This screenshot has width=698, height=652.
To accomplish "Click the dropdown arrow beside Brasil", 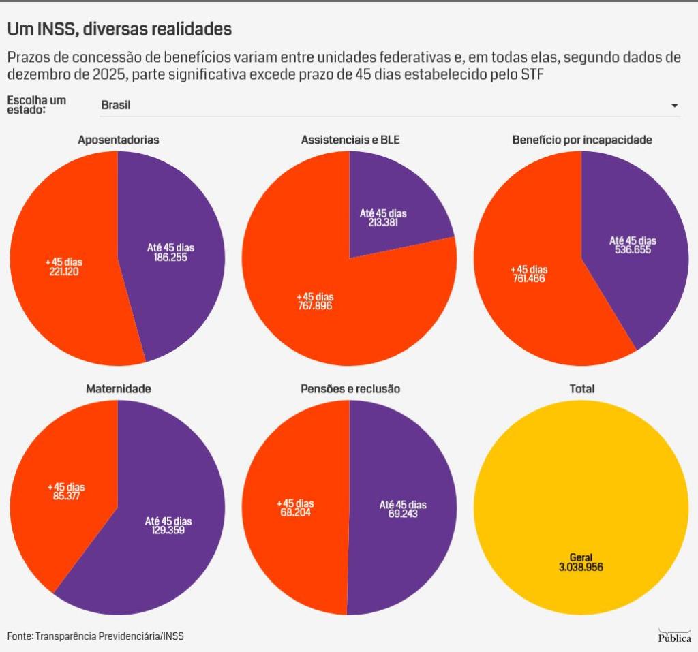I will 674,106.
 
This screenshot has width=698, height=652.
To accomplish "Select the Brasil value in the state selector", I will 116,105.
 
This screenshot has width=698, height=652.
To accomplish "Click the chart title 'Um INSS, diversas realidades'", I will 119,29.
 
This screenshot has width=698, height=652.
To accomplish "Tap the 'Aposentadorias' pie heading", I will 119,140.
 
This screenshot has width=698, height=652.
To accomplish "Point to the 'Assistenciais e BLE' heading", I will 350,140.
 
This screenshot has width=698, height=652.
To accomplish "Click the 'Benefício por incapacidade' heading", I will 582,140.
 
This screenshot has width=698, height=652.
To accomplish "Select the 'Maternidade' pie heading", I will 119,389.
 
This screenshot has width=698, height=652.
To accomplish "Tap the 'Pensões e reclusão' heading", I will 350,389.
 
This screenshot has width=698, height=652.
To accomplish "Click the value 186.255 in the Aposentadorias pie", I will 170,258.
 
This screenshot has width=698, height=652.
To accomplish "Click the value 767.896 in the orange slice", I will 314,307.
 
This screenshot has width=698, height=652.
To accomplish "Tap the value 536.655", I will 633,250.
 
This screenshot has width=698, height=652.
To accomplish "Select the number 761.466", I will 529,279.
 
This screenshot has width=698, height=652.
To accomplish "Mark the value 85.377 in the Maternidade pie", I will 66,497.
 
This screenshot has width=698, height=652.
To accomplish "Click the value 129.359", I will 168,530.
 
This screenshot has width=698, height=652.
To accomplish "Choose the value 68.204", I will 295,512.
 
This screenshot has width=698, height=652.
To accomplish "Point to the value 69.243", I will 402,514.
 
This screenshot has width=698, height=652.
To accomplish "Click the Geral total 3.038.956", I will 581,567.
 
